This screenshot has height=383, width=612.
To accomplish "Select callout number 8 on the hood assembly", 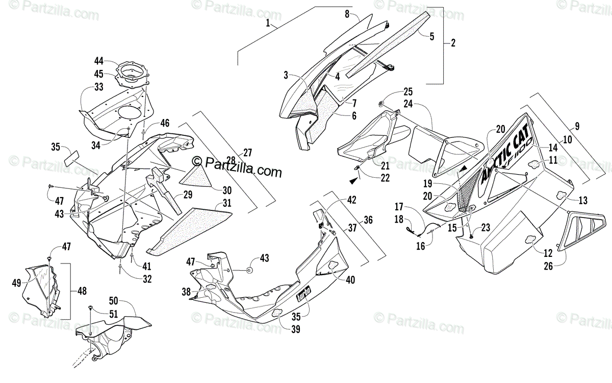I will pyautogui.click(x=347, y=14).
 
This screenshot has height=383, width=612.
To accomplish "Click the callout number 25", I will pyautogui.click(x=407, y=92).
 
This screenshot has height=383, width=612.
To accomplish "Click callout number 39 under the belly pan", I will pyautogui.click(x=295, y=329).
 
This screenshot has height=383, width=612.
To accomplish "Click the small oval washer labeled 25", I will pyautogui.click(x=382, y=105).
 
